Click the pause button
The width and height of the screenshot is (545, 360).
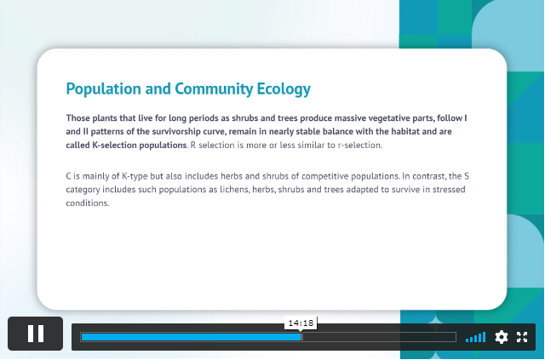pos(36,334)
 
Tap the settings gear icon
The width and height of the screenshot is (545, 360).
pos(502,337)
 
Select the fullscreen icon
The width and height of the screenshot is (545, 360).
pos(522,337)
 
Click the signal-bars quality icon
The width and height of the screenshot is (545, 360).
pos(475,337)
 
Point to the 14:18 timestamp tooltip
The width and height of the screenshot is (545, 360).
pos(301,323)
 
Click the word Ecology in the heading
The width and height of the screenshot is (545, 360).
pos(284,89)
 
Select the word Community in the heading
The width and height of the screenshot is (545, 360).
pos(214,89)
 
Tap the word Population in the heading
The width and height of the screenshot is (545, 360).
pos(104,89)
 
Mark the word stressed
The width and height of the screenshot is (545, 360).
pos(449,190)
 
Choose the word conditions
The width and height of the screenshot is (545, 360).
pos(87,203)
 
